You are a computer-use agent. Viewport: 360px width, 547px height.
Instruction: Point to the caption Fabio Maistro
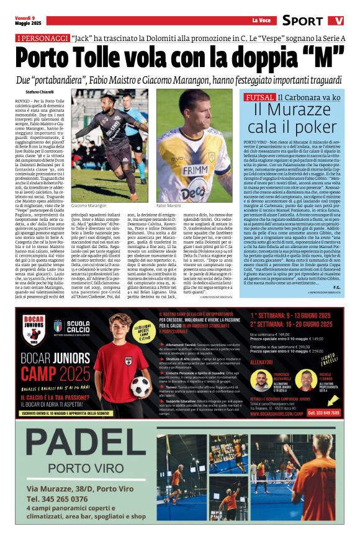[169, 205]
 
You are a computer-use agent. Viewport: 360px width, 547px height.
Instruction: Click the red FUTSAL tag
[259, 97]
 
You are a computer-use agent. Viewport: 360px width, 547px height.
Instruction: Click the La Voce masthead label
[261, 20]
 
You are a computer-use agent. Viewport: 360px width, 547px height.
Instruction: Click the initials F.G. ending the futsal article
[335, 287]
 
